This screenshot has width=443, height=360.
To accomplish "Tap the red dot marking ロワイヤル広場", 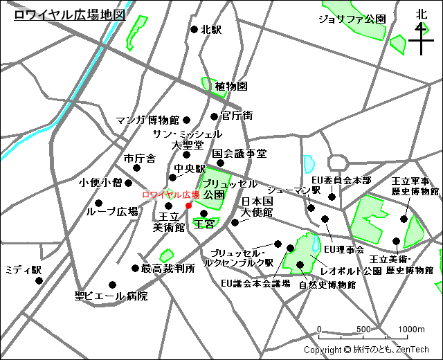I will (x=189, y=205).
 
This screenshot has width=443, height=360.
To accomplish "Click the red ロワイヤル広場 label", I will (x=170, y=195).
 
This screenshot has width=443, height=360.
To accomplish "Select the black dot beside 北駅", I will (x=194, y=30).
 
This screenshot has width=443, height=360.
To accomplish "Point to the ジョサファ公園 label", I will (x=352, y=19).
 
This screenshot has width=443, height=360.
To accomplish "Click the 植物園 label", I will (x=231, y=87).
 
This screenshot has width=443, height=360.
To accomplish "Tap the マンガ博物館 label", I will (x=147, y=120).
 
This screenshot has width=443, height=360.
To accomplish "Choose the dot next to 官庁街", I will (x=215, y=116).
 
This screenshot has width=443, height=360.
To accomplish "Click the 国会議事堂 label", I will (x=239, y=153).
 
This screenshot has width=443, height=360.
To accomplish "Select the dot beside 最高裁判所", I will (x=135, y=268).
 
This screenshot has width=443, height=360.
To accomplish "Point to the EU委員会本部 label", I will (x=341, y=180).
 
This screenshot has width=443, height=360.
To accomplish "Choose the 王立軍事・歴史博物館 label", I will (x=415, y=186).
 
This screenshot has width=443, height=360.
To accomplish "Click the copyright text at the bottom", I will (x=366, y=350).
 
